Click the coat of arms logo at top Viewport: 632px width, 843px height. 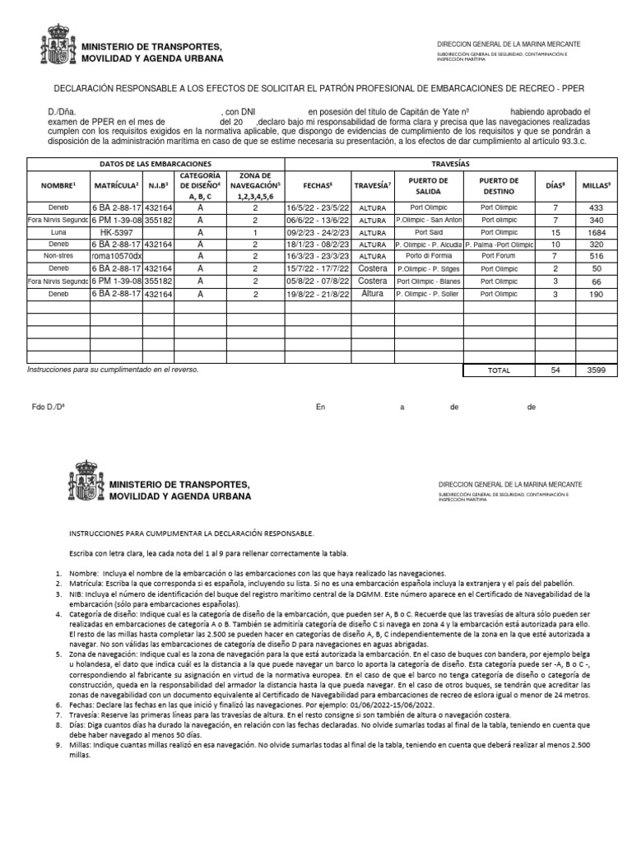point(57,45)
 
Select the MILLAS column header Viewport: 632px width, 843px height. point(597,186)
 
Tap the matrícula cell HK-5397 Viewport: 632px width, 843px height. point(115,232)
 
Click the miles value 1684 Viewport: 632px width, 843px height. point(597,232)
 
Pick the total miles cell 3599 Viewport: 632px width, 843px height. point(597,370)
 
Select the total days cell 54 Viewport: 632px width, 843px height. point(555,370)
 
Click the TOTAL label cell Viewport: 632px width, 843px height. point(500,370)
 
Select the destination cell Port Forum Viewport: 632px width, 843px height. point(500,256)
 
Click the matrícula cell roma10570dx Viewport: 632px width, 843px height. point(117,256)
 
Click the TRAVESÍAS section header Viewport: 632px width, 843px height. point(451,165)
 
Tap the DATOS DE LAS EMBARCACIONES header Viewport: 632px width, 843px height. point(156,165)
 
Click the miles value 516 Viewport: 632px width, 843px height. point(597,256)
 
